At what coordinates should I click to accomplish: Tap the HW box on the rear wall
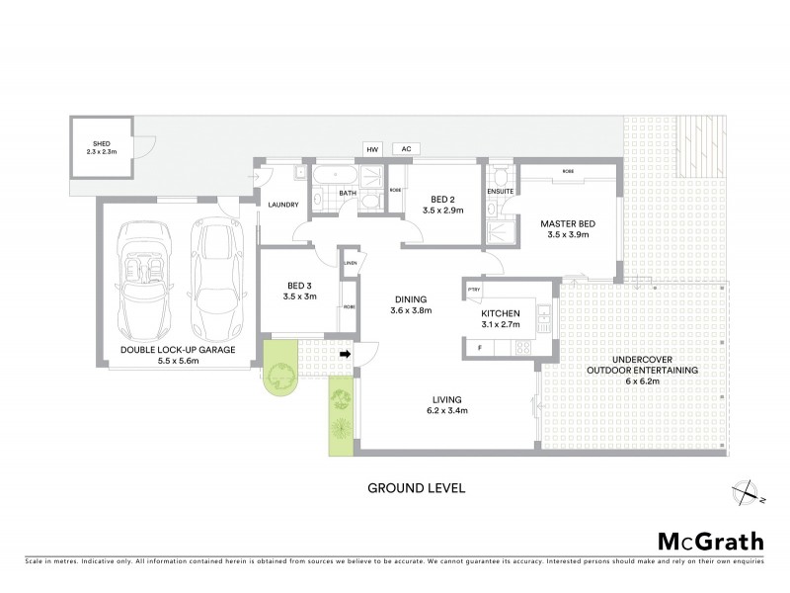point(372,149)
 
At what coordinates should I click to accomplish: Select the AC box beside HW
point(404,149)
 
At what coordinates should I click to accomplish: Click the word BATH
point(348,194)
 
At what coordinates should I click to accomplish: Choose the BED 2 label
point(442,199)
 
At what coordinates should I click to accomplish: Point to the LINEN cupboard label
point(351,263)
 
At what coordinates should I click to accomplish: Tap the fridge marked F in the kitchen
point(479,349)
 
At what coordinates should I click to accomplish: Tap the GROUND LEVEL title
point(416,488)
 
